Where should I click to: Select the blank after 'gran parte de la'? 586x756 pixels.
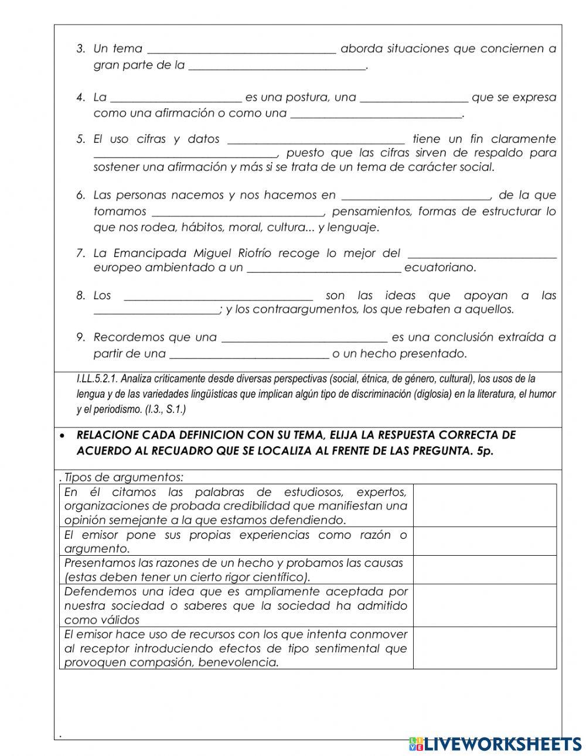277,66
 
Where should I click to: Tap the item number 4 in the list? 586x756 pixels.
80,98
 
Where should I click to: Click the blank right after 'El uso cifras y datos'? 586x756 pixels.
315,139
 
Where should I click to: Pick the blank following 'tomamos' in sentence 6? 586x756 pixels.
237,211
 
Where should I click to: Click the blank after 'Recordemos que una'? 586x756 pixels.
305,338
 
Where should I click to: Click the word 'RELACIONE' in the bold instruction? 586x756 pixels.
106,435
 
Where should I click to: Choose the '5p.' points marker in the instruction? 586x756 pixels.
485,451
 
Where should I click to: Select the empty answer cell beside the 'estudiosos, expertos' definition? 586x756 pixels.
485,505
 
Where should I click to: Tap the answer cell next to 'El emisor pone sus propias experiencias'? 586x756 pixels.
485,541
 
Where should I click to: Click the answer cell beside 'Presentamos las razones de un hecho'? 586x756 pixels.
485,570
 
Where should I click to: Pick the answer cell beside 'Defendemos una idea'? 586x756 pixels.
485,606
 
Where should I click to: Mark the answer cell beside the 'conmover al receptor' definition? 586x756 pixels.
485,648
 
